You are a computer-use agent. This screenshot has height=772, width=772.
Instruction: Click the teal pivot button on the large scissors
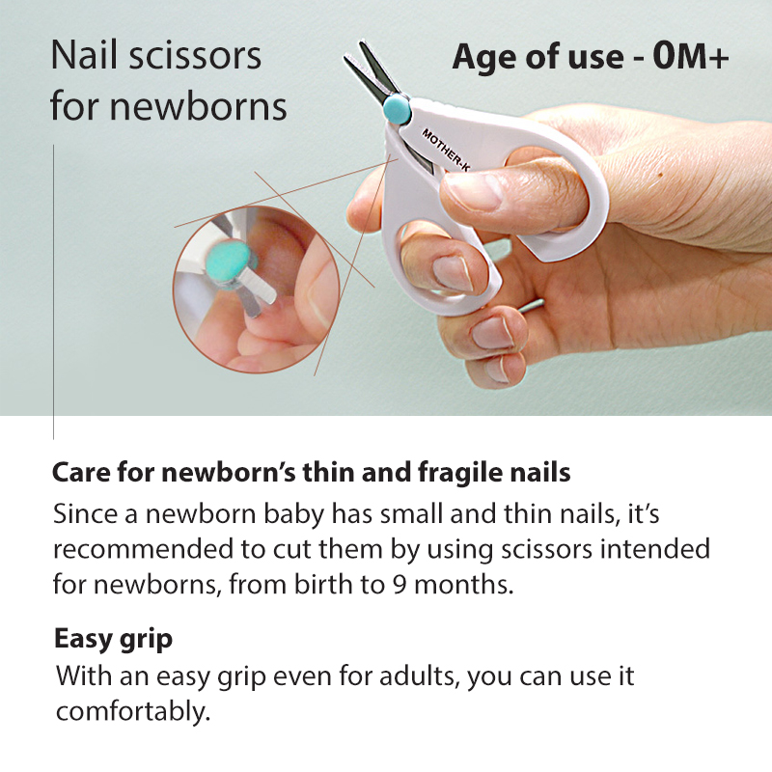(x=397, y=110)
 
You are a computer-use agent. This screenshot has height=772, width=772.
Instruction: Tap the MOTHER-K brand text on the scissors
(x=446, y=150)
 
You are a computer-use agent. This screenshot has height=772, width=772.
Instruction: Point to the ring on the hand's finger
(x=531, y=306)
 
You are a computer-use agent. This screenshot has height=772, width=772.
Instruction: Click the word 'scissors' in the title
(x=195, y=56)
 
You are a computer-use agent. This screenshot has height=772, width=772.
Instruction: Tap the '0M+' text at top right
(x=691, y=57)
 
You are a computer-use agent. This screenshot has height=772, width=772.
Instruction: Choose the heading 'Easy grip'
(x=113, y=640)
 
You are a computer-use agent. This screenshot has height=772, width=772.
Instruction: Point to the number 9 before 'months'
(x=400, y=586)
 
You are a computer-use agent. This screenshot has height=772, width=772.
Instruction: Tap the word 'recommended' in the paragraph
(x=143, y=549)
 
